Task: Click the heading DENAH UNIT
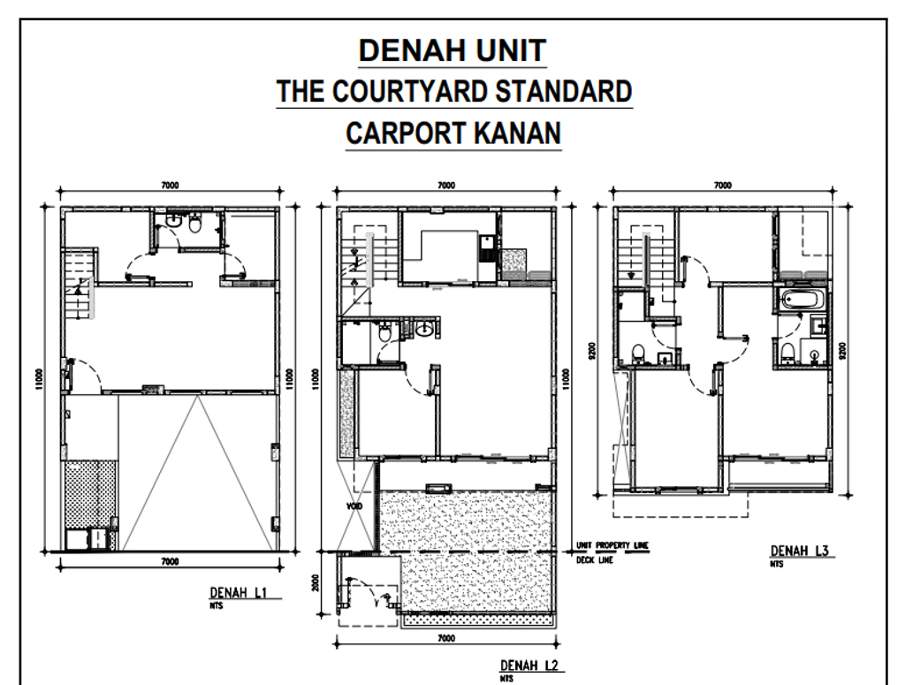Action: (x=453, y=52)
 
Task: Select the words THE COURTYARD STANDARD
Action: (x=453, y=91)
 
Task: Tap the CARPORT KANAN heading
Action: (x=453, y=132)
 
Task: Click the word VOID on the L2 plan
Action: (x=354, y=506)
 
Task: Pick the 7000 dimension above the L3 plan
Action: (x=722, y=186)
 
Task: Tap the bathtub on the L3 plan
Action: (x=802, y=301)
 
